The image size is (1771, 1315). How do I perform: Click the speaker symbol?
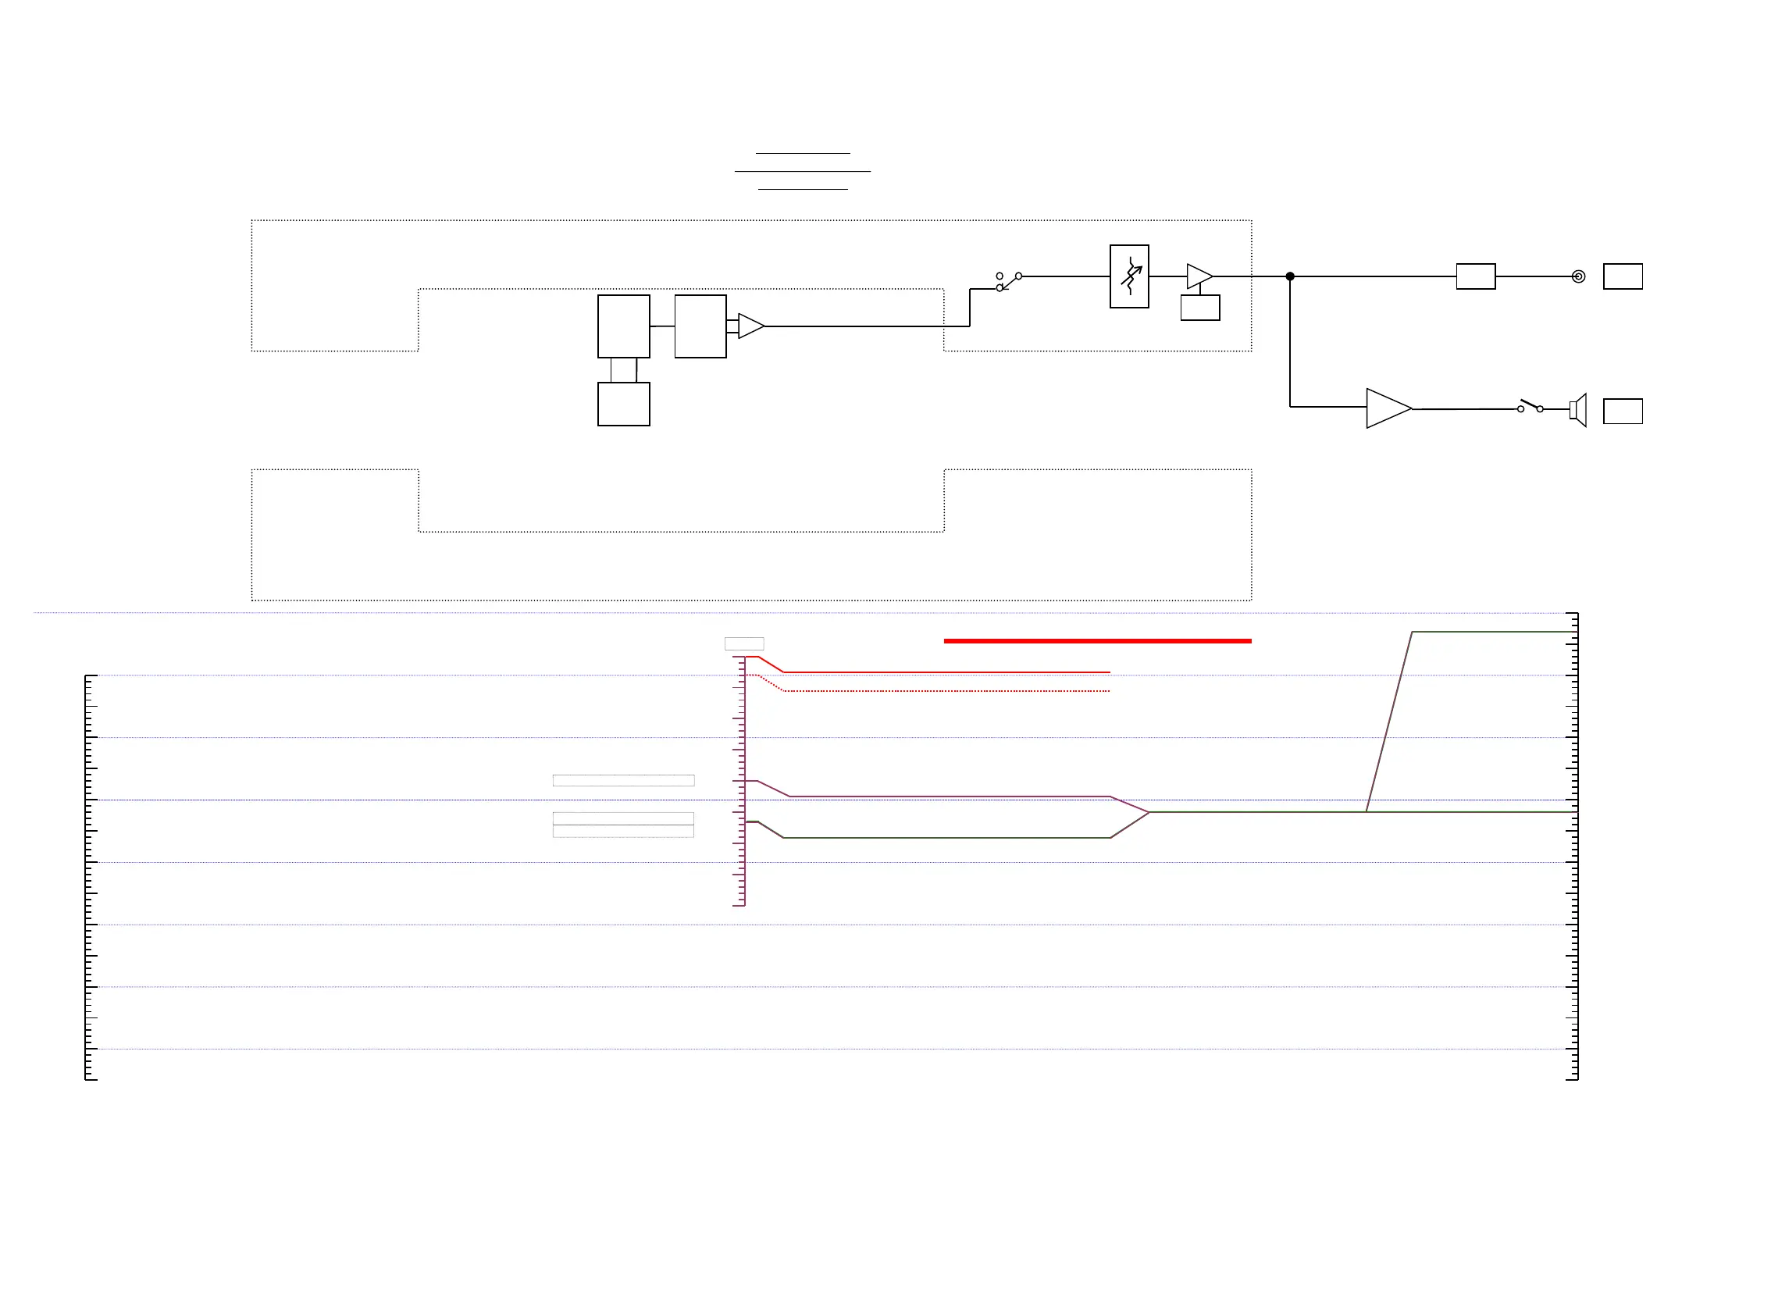pyautogui.click(x=1578, y=410)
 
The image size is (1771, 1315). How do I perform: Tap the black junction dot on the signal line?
pyautogui.click(x=1290, y=276)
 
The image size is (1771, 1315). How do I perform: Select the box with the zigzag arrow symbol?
pyautogui.click(x=1128, y=276)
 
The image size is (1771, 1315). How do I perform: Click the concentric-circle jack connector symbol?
pyautogui.click(x=1578, y=276)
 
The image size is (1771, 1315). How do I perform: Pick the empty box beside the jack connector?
pyautogui.click(x=1623, y=276)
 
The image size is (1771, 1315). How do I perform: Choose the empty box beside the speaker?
pyautogui.click(x=1623, y=411)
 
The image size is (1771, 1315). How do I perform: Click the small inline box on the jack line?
pyautogui.click(x=1476, y=276)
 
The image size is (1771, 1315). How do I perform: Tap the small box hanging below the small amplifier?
pyautogui.click(x=1200, y=307)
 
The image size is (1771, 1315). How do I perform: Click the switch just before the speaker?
pyautogui.click(x=1530, y=406)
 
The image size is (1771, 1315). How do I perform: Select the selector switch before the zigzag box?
pyautogui.click(x=1008, y=281)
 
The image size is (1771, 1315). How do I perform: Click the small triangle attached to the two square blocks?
pyautogui.click(x=750, y=326)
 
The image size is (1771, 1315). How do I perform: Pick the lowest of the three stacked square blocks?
pyautogui.click(x=623, y=404)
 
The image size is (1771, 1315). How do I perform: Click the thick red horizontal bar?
pyautogui.click(x=1097, y=641)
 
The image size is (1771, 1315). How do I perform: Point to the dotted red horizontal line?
pyautogui.click(x=947, y=691)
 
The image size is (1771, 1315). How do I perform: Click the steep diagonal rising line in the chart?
pyautogui.click(x=1389, y=722)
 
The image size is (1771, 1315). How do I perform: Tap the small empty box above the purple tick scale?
pyautogui.click(x=743, y=643)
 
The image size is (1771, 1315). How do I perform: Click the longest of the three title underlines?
pyautogui.click(x=802, y=171)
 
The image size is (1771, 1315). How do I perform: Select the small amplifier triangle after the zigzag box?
pyautogui.click(x=1198, y=276)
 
